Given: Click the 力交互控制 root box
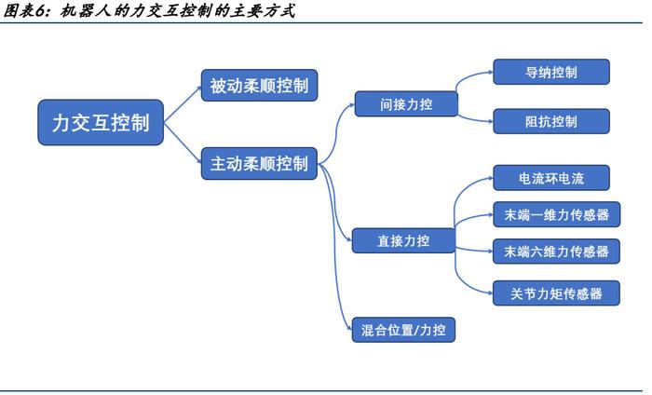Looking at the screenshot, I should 102,123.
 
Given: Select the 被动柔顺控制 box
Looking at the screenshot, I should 258,87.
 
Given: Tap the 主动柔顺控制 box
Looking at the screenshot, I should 258,163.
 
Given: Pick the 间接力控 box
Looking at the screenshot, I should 406,104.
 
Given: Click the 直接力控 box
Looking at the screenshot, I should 403,240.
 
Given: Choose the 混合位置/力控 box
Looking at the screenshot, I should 403,329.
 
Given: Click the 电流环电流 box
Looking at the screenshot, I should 550,178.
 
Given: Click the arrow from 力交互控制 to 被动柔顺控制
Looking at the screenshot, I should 183,102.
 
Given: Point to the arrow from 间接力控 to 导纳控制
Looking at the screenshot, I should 476,80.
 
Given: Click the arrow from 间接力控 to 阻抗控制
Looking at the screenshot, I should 476,117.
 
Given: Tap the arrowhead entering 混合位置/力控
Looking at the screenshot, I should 346,325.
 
